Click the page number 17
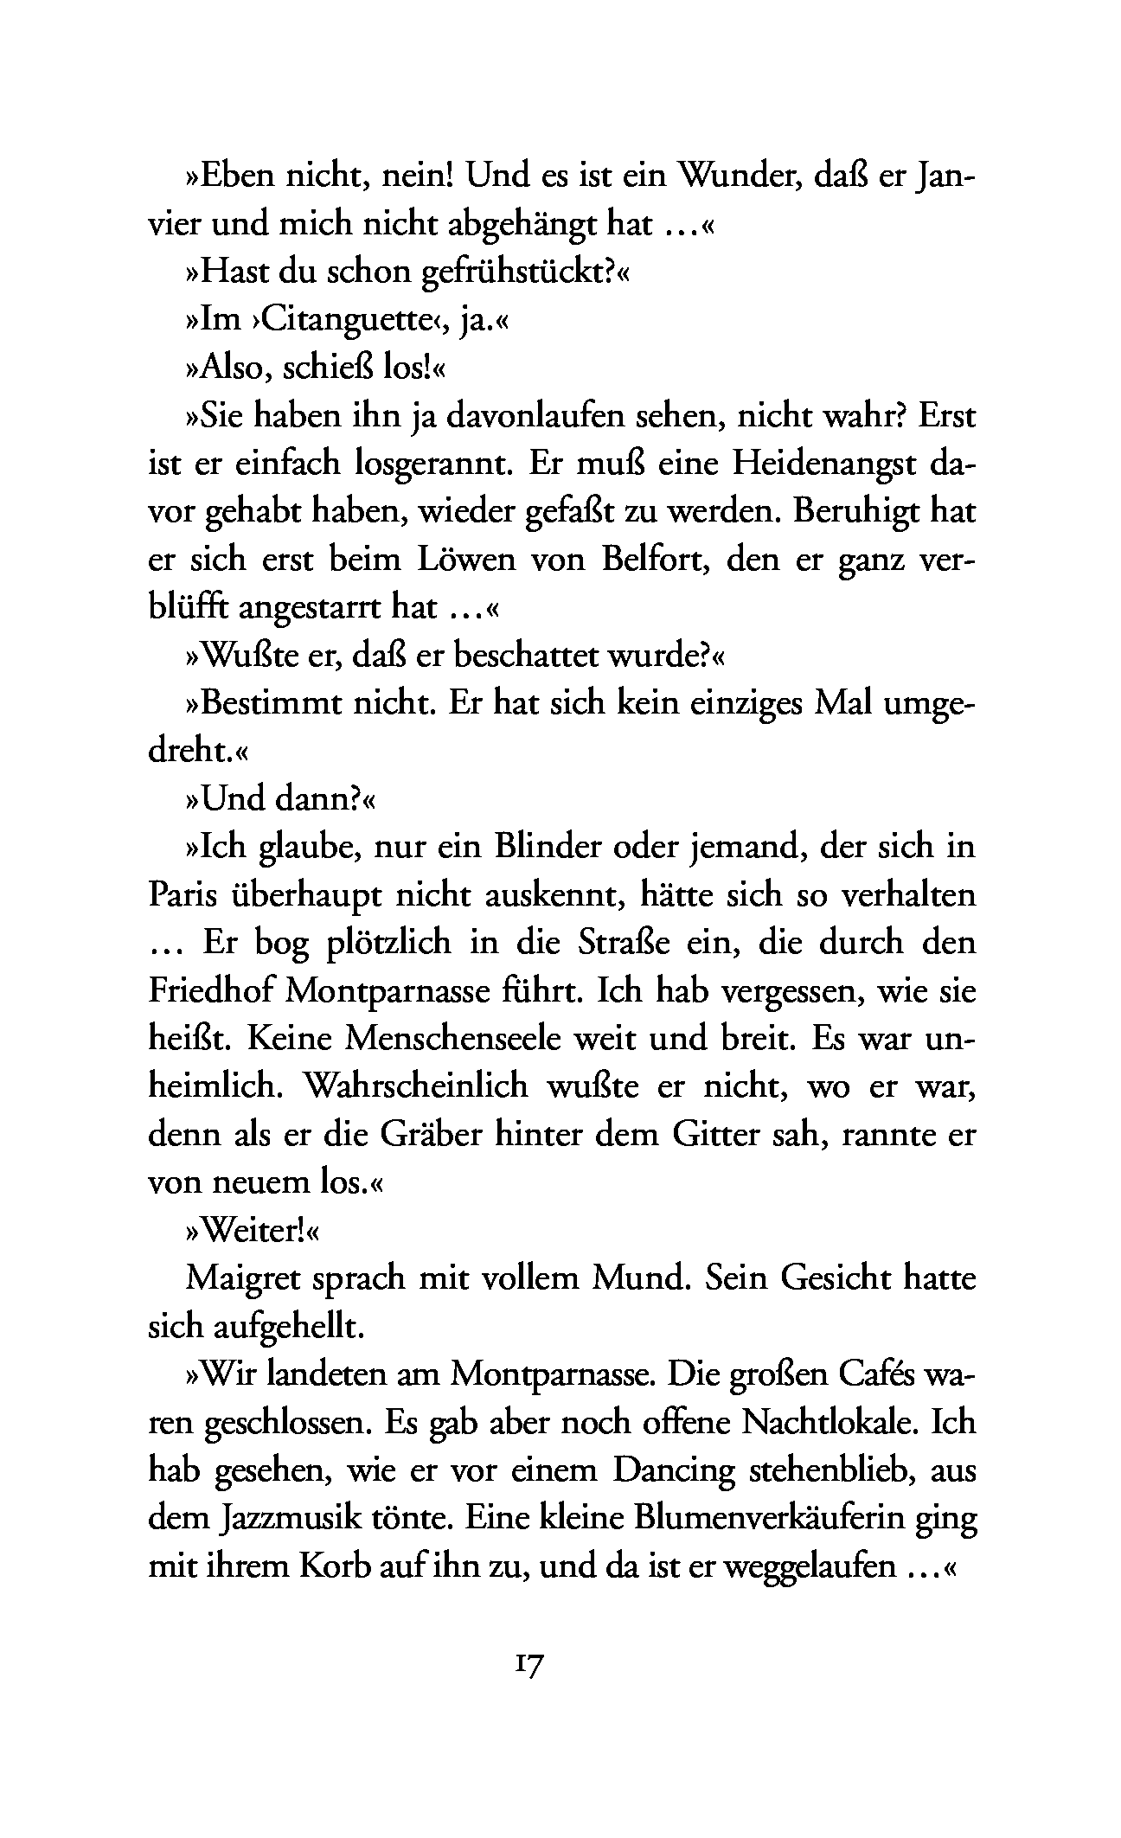click(528, 1666)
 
